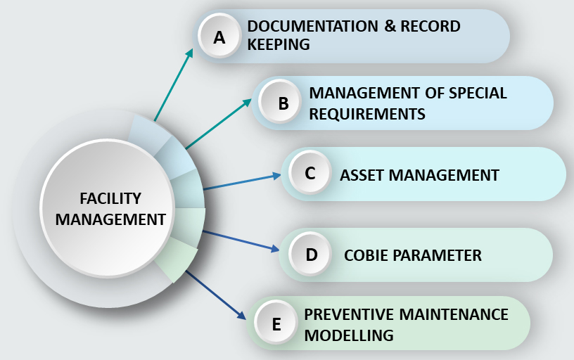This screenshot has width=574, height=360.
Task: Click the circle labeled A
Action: click(x=219, y=37)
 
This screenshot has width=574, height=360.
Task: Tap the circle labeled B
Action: click(x=280, y=102)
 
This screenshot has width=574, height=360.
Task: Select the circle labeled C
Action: click(x=310, y=172)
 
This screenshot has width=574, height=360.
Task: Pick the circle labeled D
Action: click(x=310, y=254)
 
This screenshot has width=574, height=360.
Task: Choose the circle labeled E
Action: click(x=276, y=322)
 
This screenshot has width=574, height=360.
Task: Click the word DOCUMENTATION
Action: click(x=313, y=26)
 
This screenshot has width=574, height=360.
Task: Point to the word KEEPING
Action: click(x=279, y=44)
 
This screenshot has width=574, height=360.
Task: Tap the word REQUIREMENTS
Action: click(x=367, y=114)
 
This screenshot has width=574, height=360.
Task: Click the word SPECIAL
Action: click(x=478, y=93)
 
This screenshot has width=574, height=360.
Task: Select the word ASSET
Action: click(x=362, y=175)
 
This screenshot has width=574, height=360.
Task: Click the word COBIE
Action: click(x=366, y=255)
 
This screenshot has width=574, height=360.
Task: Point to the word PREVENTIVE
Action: click(x=349, y=314)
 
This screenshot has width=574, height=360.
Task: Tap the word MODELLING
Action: click(x=349, y=335)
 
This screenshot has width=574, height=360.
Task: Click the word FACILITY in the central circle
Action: click(x=110, y=199)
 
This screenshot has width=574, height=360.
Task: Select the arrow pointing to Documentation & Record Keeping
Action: click(x=174, y=85)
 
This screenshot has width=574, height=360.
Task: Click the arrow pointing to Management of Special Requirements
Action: click(x=219, y=124)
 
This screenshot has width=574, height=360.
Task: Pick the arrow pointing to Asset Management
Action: click(x=242, y=181)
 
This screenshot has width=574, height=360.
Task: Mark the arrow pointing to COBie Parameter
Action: click(x=241, y=241)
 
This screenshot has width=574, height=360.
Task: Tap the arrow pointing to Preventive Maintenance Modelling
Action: click(x=216, y=295)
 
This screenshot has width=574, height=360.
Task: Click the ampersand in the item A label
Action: click(x=390, y=26)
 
